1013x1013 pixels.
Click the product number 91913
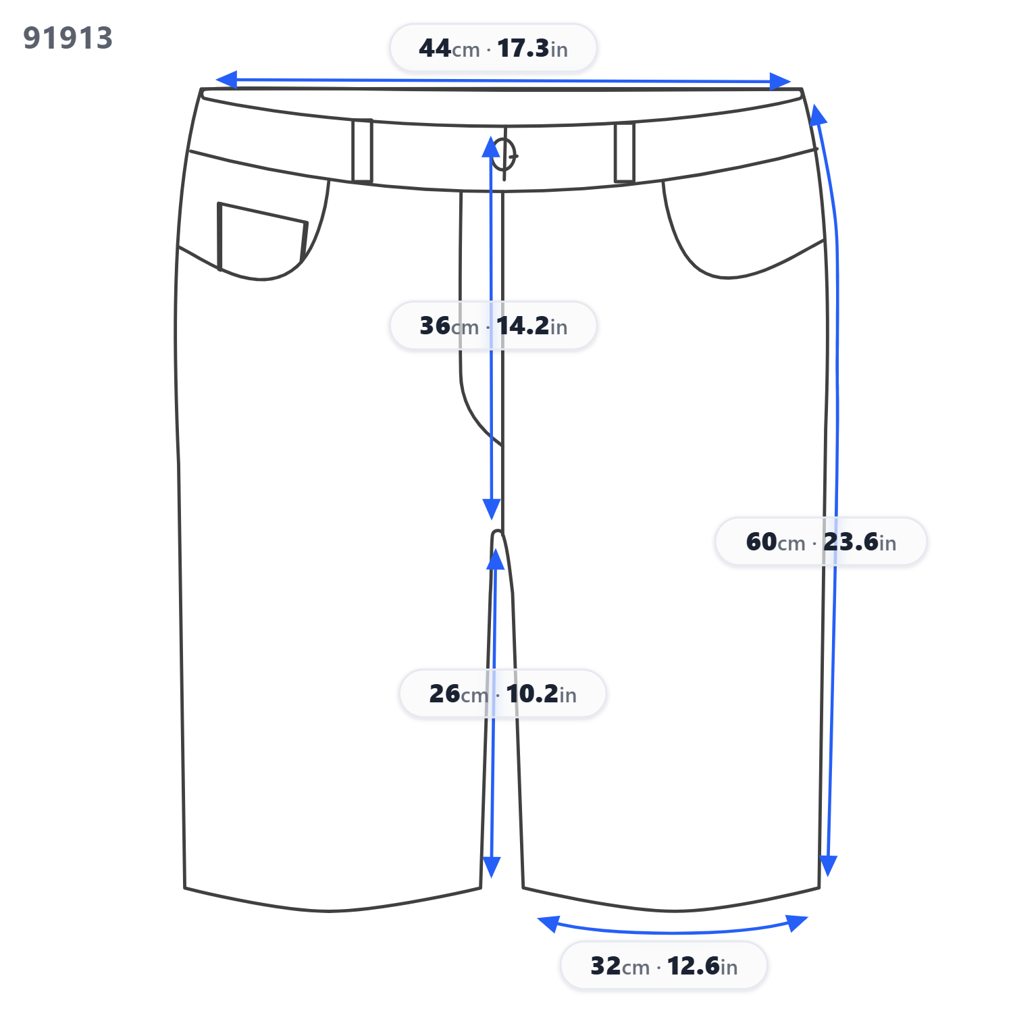click(68, 38)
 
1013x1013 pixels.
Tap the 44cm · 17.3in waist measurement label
click(493, 48)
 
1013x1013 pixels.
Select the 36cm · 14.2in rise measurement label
click(493, 326)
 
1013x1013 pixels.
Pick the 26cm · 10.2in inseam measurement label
click(502, 694)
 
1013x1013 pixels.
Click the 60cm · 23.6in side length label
click(821, 542)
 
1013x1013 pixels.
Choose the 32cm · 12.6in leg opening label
click(664, 966)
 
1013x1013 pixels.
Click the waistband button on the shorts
click(504, 155)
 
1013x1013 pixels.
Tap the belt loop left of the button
click(362, 151)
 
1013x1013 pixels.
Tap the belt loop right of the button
click(625, 153)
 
